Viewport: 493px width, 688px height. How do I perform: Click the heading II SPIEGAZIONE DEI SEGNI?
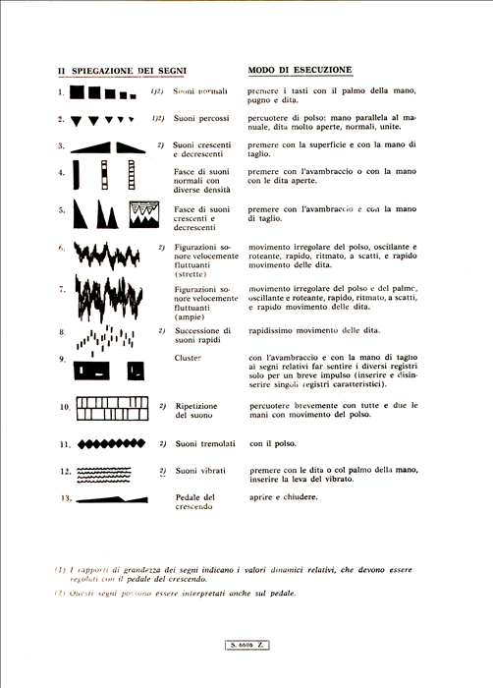click(x=122, y=71)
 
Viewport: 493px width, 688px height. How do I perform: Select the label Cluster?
click(x=188, y=359)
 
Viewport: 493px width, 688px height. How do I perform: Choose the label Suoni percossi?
click(x=200, y=119)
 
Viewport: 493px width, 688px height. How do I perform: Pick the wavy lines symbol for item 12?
click(x=111, y=472)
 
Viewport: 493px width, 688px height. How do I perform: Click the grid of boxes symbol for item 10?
click(x=112, y=406)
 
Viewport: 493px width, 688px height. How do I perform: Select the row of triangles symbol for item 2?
click(x=102, y=120)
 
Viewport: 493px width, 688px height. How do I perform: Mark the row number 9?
click(x=62, y=359)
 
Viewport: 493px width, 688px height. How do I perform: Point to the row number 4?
click(x=62, y=173)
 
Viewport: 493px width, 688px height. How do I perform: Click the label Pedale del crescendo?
click(x=194, y=504)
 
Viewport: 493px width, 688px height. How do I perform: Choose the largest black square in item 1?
click(x=78, y=93)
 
